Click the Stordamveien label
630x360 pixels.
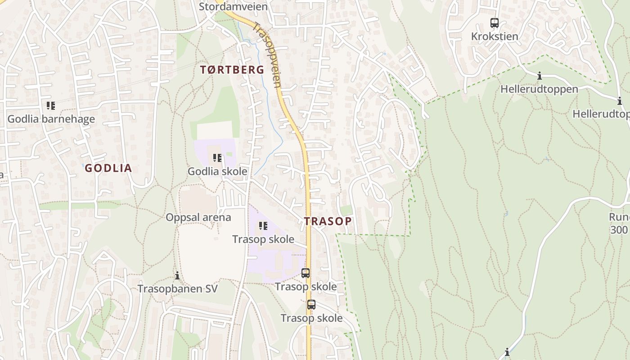pos(233,7)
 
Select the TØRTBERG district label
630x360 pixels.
pos(232,70)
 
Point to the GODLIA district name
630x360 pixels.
pos(108,168)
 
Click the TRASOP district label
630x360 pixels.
pos(328,221)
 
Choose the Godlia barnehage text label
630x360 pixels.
pos(51,119)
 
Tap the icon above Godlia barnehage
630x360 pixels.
pos(51,106)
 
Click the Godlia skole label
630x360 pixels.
pos(217,171)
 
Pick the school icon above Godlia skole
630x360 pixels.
pos(218,158)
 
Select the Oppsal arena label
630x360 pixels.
pos(198,217)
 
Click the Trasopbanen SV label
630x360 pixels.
pos(177,288)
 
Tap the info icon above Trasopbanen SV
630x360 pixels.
pos(177,275)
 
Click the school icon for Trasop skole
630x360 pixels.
pos(263,225)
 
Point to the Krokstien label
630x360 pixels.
pos(495,36)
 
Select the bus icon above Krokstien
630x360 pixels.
pos(495,22)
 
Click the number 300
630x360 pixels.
pos(619,230)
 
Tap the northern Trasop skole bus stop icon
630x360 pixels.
pos(306,273)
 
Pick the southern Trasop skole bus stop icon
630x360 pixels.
pos(311,304)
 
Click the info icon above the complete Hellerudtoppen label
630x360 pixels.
pos(539,76)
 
